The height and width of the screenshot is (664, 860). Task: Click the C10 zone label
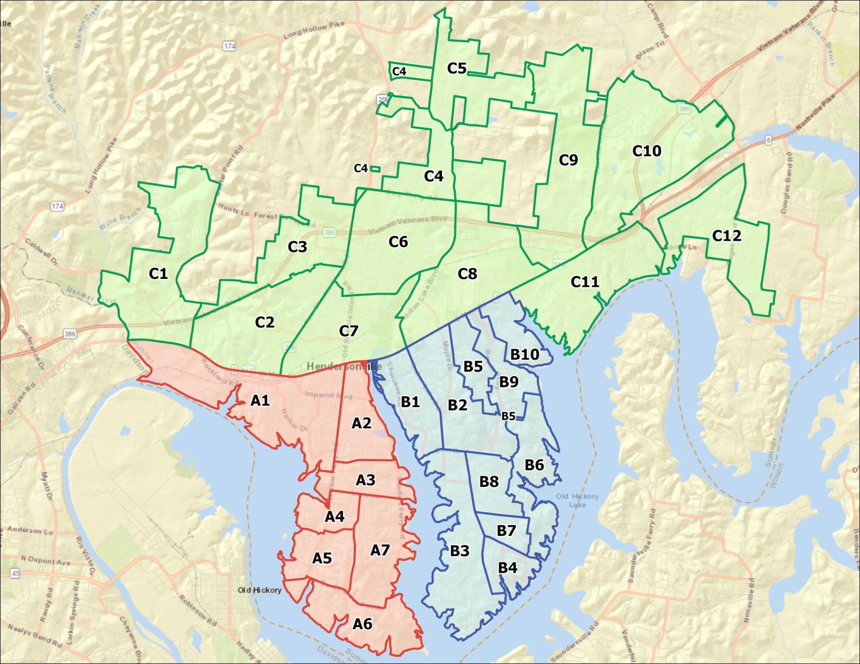pyautogui.click(x=646, y=151)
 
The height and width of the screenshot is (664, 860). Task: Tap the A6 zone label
pyautogui.click(x=362, y=623)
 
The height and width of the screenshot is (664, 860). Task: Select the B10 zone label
pyautogui.click(x=525, y=355)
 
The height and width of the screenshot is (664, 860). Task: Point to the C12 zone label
pyautogui.click(x=726, y=236)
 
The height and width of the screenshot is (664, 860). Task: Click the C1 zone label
pyautogui.click(x=158, y=274)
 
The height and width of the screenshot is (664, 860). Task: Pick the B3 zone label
pyautogui.click(x=460, y=551)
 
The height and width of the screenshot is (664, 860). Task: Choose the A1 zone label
pyautogui.click(x=260, y=400)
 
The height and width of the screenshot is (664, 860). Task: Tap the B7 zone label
pyautogui.click(x=506, y=531)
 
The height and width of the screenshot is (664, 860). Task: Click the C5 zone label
pyautogui.click(x=456, y=68)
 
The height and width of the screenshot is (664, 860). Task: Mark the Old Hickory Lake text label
pyautogui.click(x=577, y=500)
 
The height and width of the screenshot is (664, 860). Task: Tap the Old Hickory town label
pyautogui.click(x=259, y=590)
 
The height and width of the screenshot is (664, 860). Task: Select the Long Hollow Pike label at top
pyautogui.click(x=314, y=30)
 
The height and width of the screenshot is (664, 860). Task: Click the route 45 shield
pyautogui.click(x=16, y=573)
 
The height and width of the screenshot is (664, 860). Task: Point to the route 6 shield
pyautogui.click(x=768, y=140)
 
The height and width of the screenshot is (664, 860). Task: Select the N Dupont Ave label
pyautogui.click(x=46, y=561)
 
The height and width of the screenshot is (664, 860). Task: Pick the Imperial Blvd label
pyautogui.click(x=328, y=395)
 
